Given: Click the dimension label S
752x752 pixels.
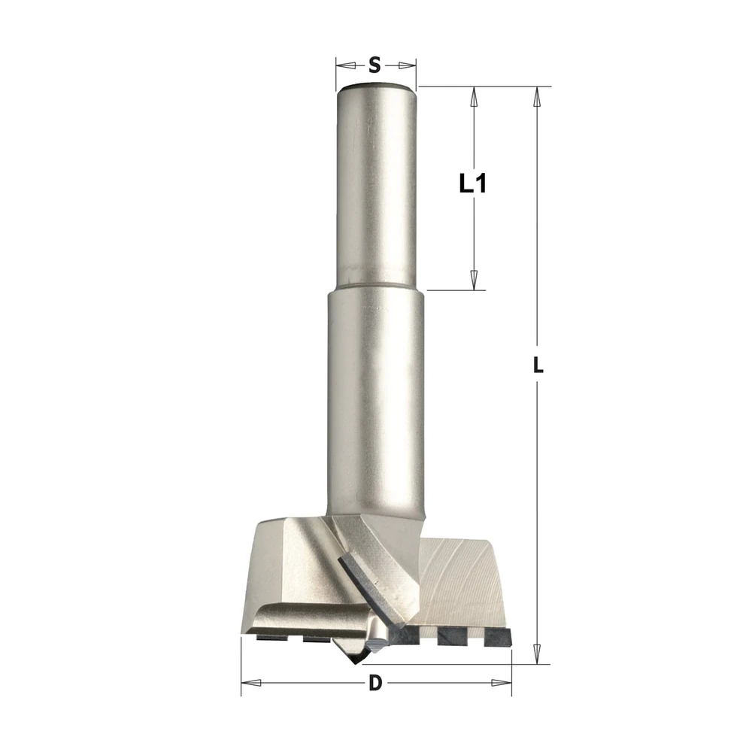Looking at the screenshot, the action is pyautogui.click(x=374, y=65).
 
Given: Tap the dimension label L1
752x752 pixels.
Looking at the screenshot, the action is pyautogui.click(x=473, y=183).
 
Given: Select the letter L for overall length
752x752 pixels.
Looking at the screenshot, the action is pyautogui.click(x=538, y=366).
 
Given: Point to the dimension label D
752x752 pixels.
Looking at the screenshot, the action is pyautogui.click(x=375, y=683).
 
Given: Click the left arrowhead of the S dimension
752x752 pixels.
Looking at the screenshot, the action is pyautogui.click(x=344, y=65).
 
